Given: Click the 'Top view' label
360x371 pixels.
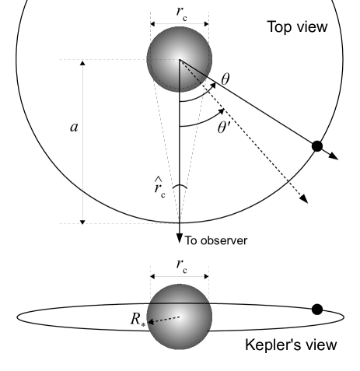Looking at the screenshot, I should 297,28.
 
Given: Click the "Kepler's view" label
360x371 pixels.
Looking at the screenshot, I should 291,345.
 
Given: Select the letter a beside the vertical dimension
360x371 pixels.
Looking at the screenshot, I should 73,127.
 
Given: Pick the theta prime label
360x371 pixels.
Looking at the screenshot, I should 225,126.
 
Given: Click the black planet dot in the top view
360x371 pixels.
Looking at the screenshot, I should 317,146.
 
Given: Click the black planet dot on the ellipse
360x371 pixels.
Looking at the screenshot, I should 317,310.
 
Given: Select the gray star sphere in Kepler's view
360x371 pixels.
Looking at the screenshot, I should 180,316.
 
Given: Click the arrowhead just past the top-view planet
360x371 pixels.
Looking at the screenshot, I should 334,156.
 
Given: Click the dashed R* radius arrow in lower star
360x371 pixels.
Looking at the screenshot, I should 166,319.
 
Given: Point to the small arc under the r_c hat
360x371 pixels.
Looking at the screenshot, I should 180,187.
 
